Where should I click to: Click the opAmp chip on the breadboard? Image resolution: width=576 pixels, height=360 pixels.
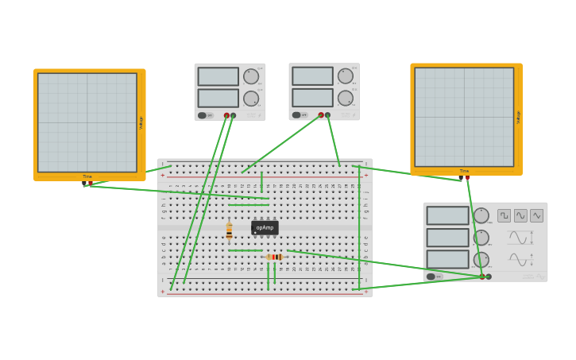tap(265, 227)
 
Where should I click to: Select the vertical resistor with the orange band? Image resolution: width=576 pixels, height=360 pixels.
tap(229, 231)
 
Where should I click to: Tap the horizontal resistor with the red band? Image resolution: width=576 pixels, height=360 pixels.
tap(274, 257)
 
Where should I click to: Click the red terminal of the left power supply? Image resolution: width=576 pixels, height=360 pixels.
tap(226, 115)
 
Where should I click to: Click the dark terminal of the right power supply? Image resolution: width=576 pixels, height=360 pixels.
tap(327, 115)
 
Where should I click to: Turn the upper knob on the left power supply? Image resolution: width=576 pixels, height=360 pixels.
tap(251, 76)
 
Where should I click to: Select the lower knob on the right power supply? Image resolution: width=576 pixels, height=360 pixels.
tap(346, 98)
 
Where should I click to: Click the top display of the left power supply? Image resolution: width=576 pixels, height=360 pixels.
tap(218, 76)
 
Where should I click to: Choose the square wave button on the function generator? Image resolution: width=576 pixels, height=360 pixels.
tap(504, 215)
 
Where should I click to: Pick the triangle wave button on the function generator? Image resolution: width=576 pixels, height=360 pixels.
tap(537, 215)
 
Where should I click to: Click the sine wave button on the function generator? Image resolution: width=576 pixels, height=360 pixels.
tap(520, 215)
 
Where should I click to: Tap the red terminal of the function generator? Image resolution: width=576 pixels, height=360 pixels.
tap(481, 277)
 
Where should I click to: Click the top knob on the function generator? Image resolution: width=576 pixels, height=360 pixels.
tap(481, 215)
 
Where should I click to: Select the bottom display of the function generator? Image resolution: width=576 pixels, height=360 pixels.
tap(447, 259)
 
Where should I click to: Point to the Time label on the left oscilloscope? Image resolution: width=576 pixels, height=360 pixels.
tap(87, 176)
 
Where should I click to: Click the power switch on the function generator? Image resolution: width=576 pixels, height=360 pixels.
tap(431, 277)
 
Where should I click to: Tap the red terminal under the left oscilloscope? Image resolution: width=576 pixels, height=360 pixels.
tap(91, 184)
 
